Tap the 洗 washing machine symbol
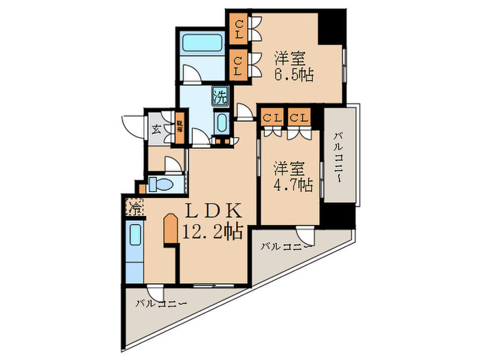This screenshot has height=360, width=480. (221, 95)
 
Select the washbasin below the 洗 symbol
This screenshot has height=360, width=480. (222, 124)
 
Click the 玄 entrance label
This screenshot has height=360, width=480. (156, 128)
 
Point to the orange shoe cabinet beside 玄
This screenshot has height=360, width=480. (179, 128)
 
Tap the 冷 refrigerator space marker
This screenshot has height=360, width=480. (134, 206)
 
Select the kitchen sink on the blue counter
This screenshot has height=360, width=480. (135, 235)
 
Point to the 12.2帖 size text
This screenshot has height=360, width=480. (212, 232)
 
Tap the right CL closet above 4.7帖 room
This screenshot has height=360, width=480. (299, 117)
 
